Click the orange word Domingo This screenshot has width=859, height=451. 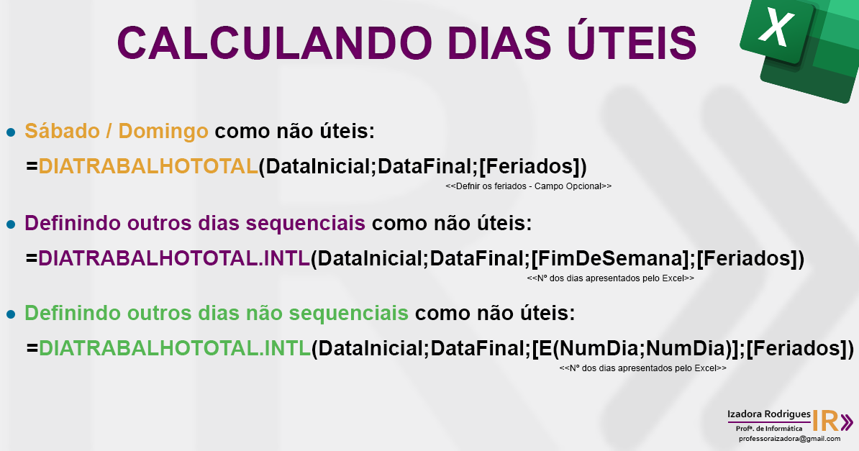163,131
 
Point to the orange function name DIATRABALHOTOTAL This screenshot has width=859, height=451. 148,166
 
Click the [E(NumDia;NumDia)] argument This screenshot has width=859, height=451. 636,348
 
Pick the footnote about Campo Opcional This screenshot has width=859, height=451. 528,186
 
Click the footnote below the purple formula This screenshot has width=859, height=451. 610,278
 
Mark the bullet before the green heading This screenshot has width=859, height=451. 11,314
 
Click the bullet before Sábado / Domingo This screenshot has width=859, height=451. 11,132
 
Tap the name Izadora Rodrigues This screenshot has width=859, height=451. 768,415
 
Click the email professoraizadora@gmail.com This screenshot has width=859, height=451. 788,438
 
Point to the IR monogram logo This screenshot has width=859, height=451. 832,421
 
